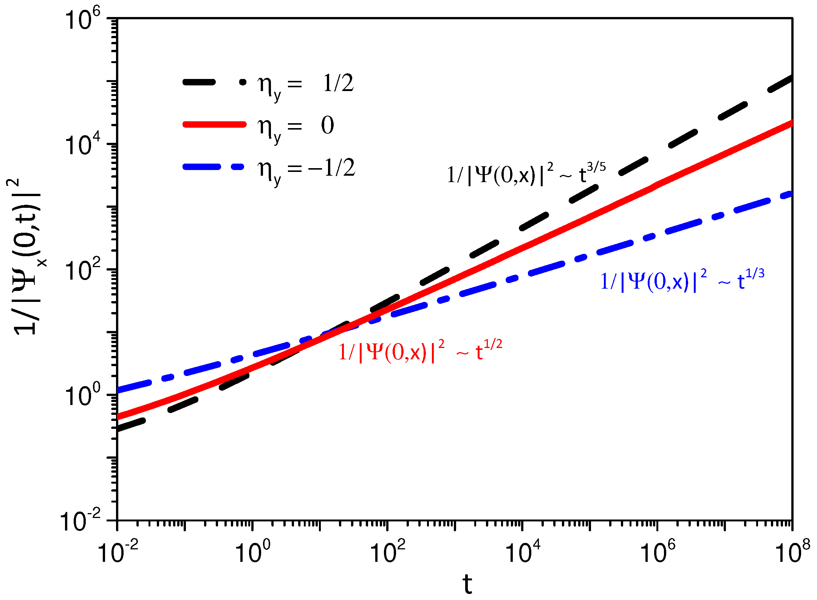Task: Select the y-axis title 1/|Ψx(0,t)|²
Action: coord(26,257)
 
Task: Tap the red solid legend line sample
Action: coord(215,124)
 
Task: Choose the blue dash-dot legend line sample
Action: coord(215,167)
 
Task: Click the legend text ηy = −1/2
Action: coord(306,169)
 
